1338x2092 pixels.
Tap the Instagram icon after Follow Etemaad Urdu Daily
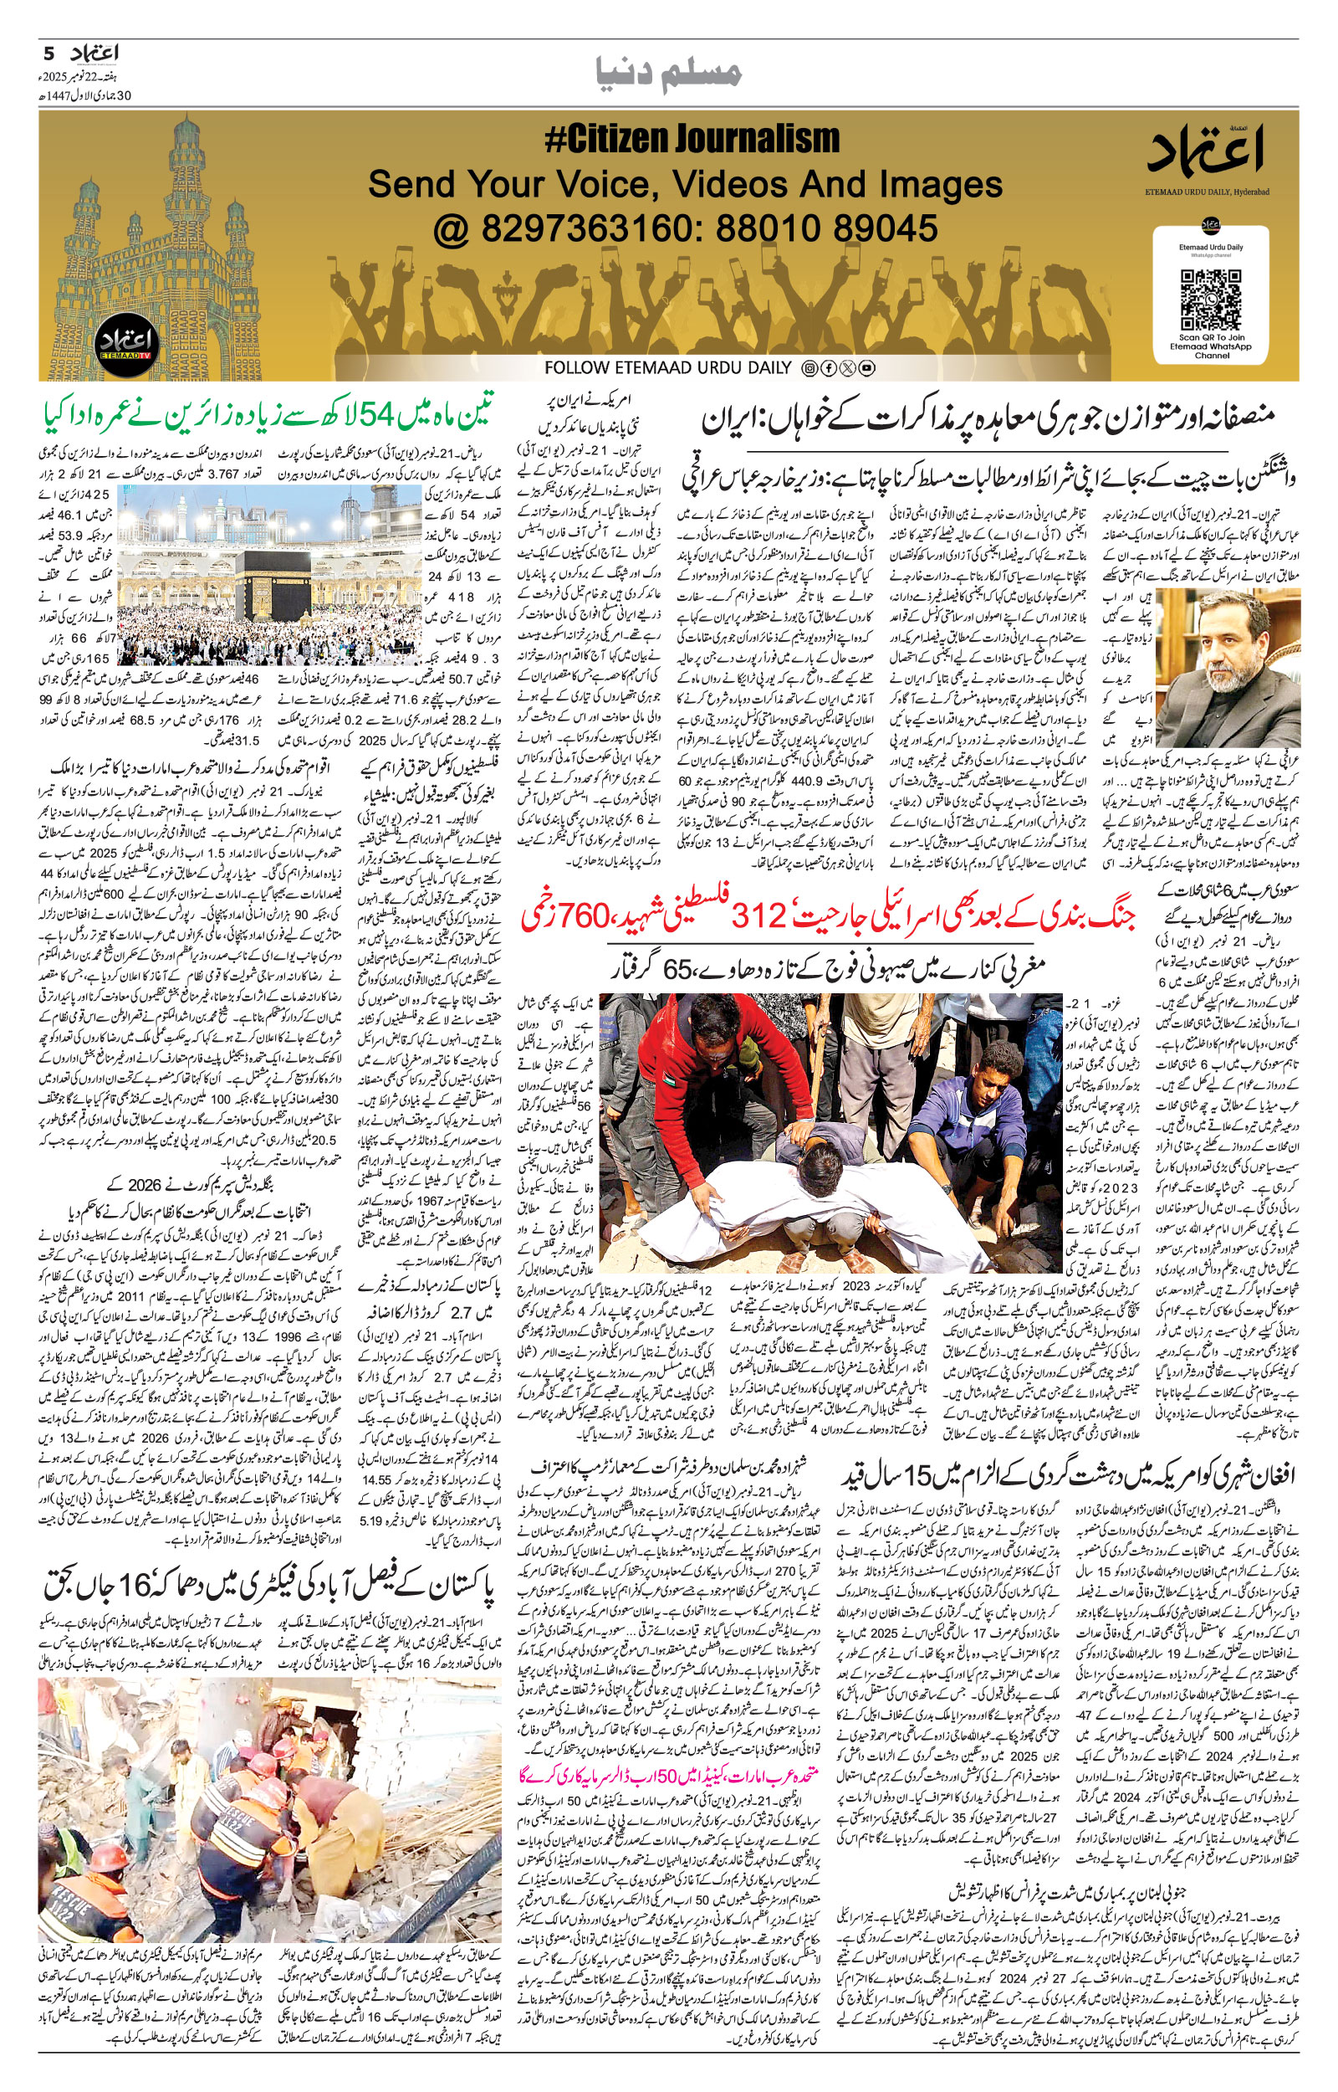pos(809,368)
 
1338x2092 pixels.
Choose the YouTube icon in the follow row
pos(866,368)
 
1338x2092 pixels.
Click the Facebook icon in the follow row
pos(828,368)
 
